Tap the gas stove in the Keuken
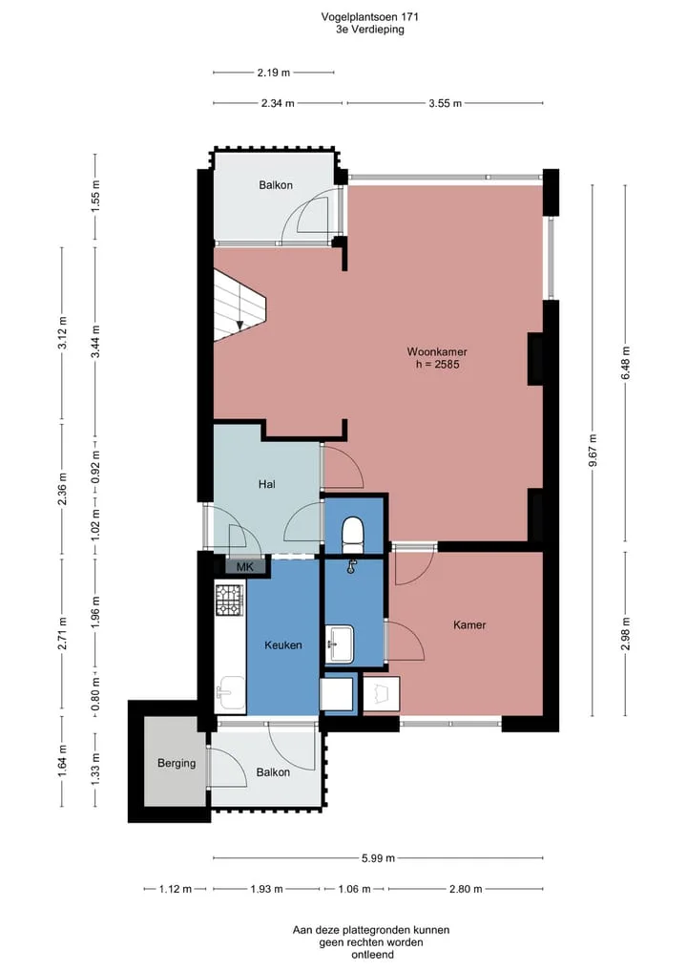pos(230,600)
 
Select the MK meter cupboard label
pos(245,566)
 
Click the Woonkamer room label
pos(437,351)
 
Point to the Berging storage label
pos(177,763)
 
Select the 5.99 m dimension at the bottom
pos(378,858)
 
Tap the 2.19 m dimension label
pos(274,73)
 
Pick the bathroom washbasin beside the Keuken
pos(339,644)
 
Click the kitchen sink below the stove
pos(230,693)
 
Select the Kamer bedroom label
pos(469,624)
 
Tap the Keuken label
pos(282,645)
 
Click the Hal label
pos(267,484)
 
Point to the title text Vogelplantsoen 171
pos(369,17)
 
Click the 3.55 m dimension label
pos(445,103)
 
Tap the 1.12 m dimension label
pos(176,889)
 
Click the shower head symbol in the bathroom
pos(352,566)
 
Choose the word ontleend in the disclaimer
pos(372,955)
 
